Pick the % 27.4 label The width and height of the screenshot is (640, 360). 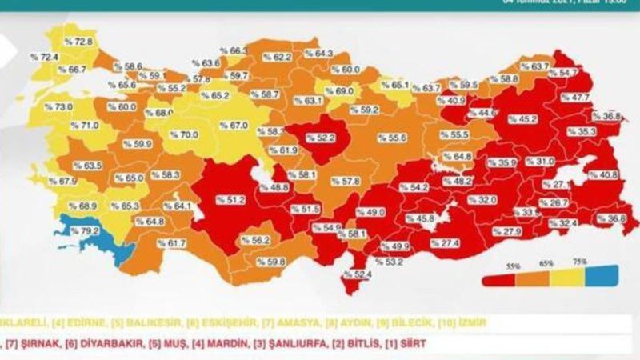[x=444, y=243]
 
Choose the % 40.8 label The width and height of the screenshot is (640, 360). [x=602, y=175]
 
